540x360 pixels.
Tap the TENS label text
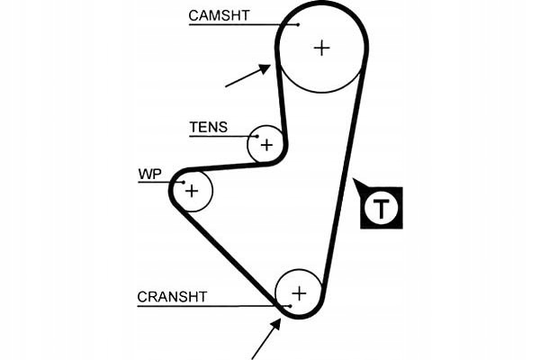point(208,127)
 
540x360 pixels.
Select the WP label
point(148,173)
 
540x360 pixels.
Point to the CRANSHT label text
point(172,296)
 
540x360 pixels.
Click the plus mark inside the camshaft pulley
point(322,48)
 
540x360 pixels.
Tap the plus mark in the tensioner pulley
point(266,144)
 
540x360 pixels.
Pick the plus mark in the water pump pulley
point(191,190)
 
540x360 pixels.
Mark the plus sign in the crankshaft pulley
point(299,292)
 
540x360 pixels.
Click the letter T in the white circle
point(383,210)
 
